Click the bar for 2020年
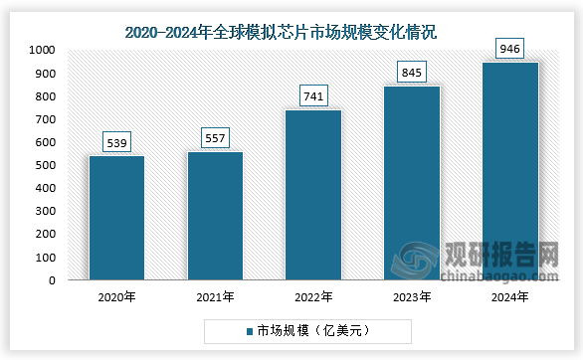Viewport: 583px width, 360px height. click(117, 218)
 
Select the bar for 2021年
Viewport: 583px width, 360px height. click(215, 216)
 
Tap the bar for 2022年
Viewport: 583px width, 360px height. click(313, 195)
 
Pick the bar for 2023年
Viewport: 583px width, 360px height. click(412, 183)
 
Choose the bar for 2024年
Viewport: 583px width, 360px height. click(509, 171)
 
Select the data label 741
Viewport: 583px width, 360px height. click(313, 96)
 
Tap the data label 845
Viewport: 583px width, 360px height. click(412, 73)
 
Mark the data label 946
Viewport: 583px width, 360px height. click(509, 49)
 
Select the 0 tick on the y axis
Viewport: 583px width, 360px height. click(52, 280)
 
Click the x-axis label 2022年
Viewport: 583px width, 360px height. click(313, 296)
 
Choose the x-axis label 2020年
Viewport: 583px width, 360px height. click(117, 296)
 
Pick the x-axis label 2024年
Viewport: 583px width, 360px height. click(509, 296)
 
